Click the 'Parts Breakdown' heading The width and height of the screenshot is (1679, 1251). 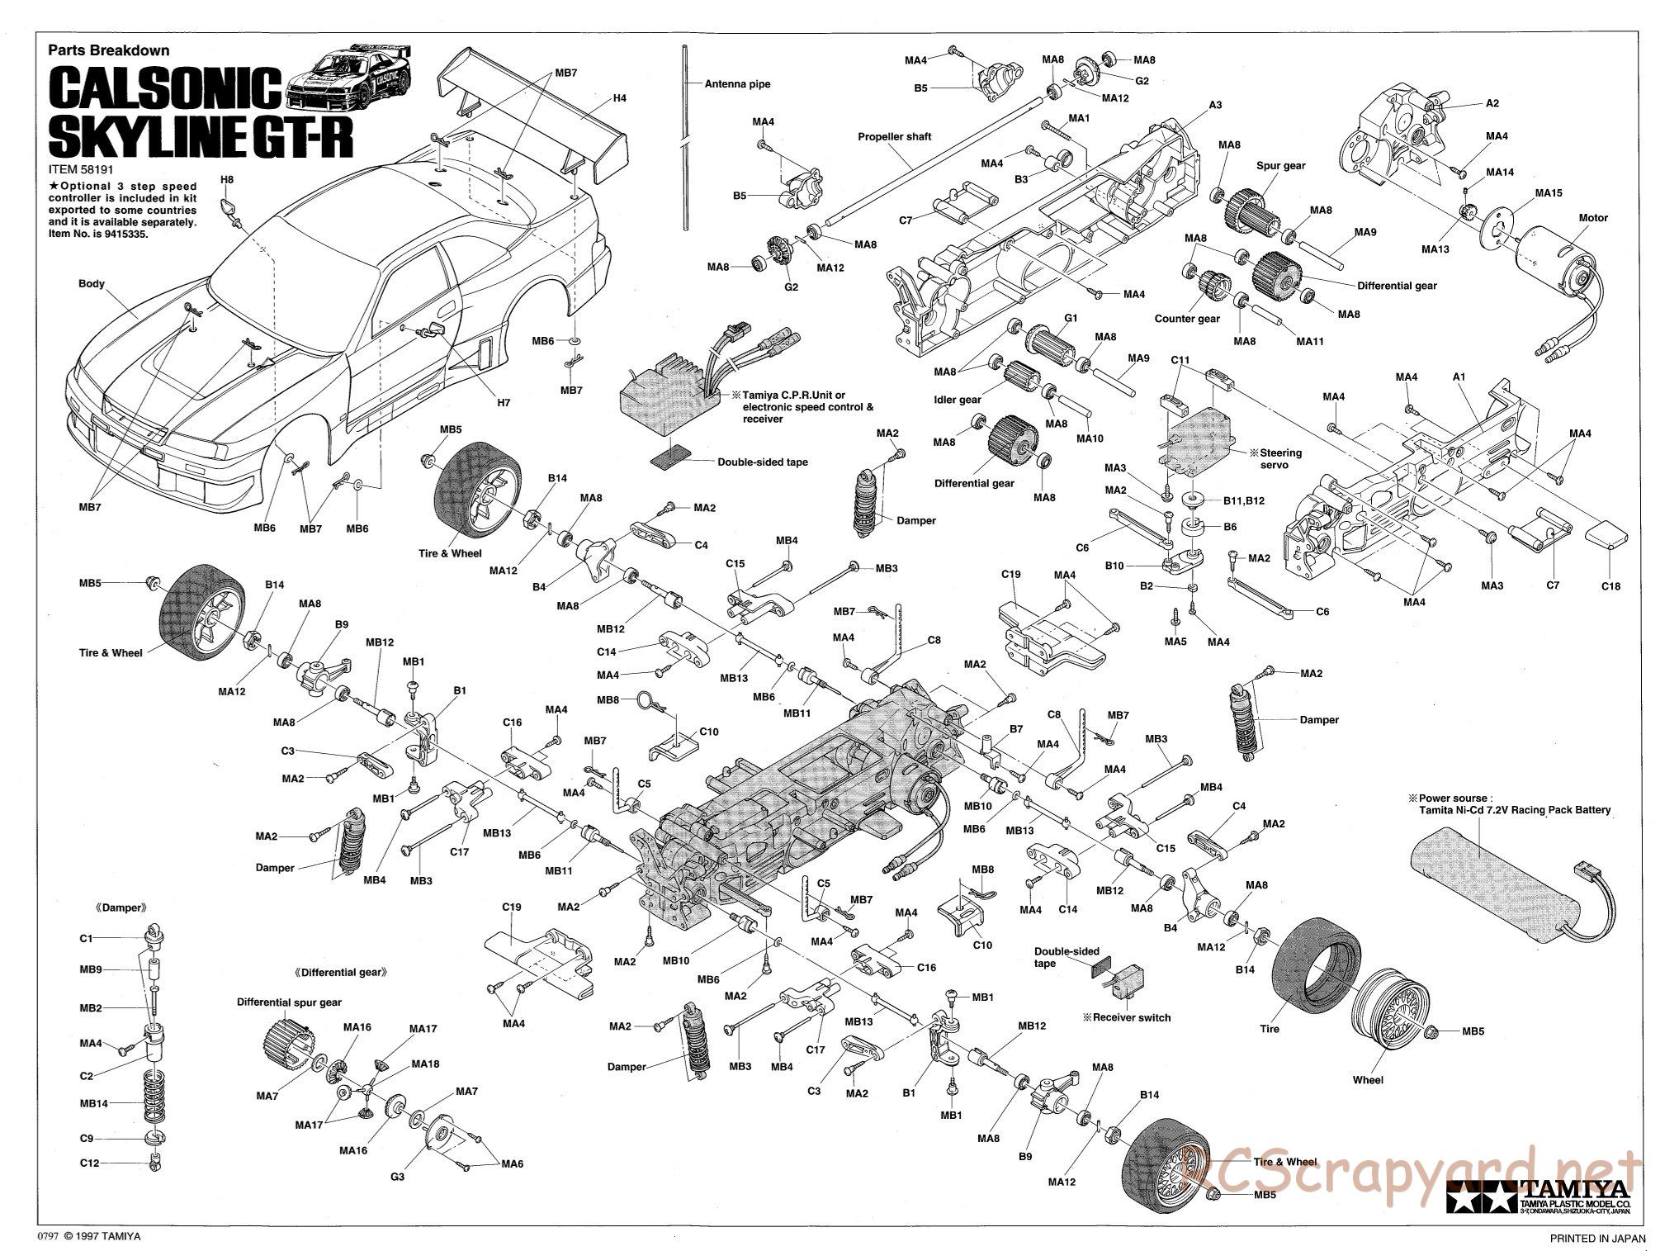tap(108, 50)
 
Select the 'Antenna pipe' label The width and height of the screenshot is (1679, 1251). tap(737, 84)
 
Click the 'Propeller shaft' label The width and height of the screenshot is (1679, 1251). tap(894, 137)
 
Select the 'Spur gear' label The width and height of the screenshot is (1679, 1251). tap(1280, 165)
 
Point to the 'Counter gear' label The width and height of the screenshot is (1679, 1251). tap(1186, 319)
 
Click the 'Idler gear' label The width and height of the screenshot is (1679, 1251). tap(958, 400)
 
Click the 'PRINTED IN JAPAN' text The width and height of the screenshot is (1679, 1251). tap(1597, 1238)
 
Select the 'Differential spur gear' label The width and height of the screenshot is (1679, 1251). tap(289, 1002)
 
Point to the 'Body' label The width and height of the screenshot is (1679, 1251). tap(92, 284)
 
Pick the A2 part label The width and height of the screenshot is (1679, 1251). tap(1492, 104)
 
